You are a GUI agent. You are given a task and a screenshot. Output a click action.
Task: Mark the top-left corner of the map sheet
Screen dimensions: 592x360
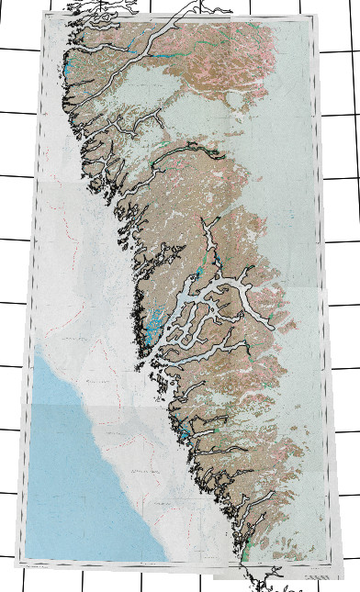tap(43, 16)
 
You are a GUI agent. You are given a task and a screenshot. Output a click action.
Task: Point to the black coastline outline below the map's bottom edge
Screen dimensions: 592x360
tap(266, 580)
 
